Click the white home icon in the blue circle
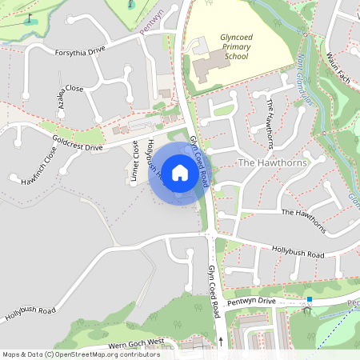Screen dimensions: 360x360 point(180,173)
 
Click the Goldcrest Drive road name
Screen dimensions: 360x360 point(77,142)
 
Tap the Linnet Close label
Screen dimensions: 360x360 point(135,162)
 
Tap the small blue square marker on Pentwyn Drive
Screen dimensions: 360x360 point(309,300)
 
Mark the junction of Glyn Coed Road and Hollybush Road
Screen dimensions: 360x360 point(209,233)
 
